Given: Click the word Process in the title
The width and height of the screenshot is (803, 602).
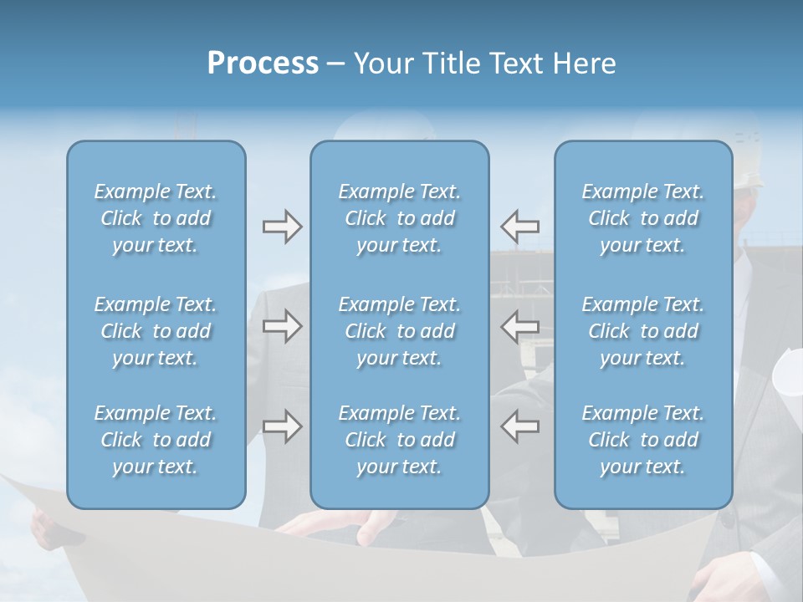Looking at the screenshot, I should (263, 64).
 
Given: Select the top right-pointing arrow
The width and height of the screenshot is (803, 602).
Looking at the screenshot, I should (282, 227).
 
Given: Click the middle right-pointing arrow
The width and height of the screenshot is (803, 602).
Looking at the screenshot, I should (282, 326).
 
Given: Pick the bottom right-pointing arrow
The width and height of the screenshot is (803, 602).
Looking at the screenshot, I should (282, 426).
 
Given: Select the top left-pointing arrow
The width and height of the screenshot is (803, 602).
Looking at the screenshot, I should (520, 227).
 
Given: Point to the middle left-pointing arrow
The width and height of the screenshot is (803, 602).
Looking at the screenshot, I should (520, 326).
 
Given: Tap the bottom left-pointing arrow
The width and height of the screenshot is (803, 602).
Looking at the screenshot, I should (520, 426).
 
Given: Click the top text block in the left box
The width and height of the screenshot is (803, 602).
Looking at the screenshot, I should (156, 218).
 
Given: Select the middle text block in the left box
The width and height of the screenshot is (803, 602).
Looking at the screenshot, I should (156, 331).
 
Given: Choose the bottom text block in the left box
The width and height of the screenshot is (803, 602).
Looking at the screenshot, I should (156, 440).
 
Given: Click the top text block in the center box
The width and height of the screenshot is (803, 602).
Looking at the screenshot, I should (400, 218).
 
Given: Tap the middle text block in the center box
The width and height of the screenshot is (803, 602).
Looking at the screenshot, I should (400, 331).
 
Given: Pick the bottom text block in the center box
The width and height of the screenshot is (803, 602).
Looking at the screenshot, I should (400, 440).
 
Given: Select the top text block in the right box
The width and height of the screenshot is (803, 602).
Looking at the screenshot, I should (643, 218).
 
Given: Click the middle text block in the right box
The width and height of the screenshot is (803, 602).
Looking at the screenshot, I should (643, 331).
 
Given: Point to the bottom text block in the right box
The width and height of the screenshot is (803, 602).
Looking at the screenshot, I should (643, 440).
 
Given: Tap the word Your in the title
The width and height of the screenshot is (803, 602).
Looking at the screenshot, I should (381, 64).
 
